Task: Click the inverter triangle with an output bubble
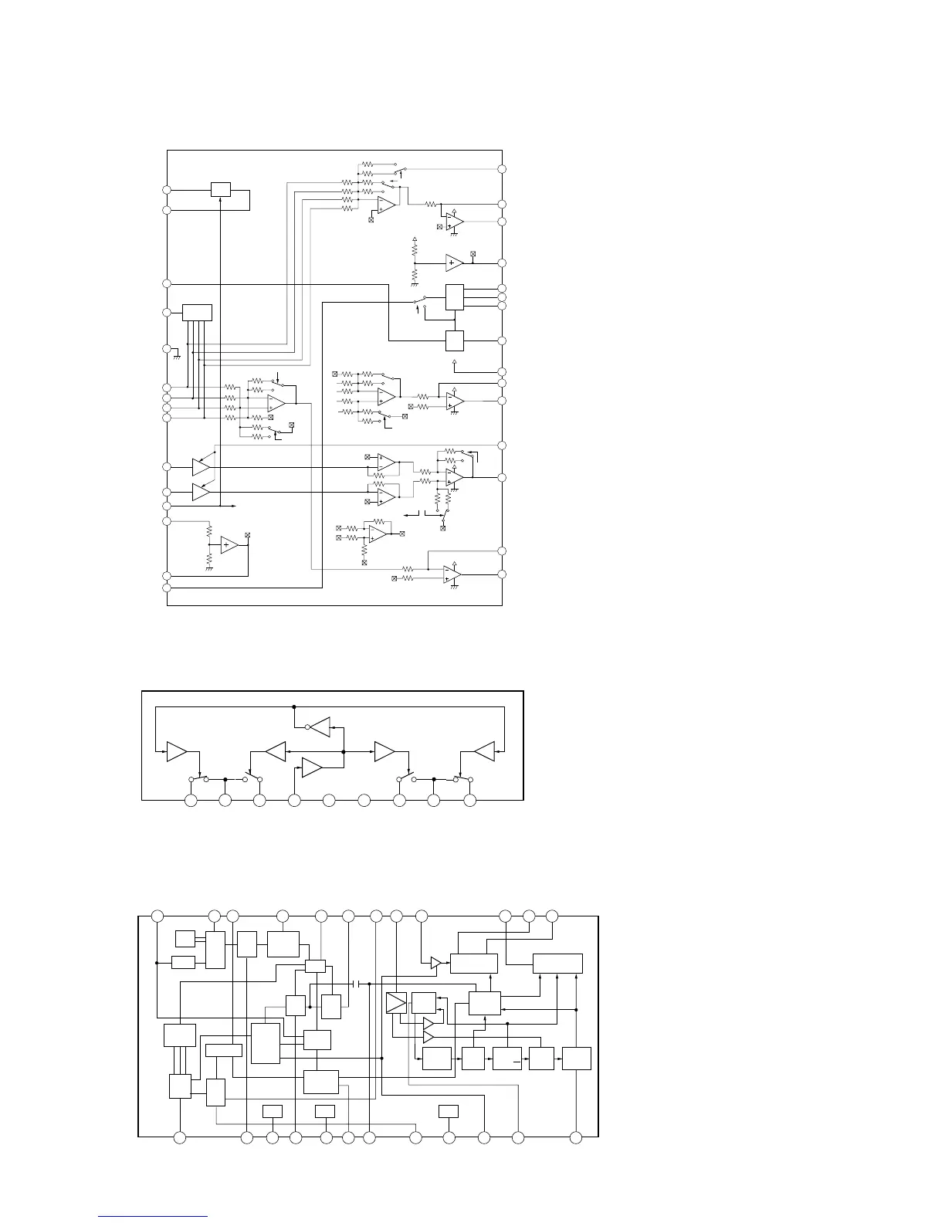click(x=319, y=727)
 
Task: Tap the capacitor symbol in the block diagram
click(x=357, y=984)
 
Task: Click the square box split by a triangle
click(x=396, y=1003)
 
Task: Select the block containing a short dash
click(x=507, y=1059)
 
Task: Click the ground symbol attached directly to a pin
click(x=177, y=354)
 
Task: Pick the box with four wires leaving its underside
click(x=197, y=313)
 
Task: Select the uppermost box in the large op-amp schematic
click(x=221, y=189)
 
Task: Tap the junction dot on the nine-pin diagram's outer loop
click(x=294, y=706)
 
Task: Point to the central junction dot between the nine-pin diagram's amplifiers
click(x=343, y=750)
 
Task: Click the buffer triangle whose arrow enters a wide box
click(x=435, y=963)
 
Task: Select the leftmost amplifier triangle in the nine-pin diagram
click(x=177, y=751)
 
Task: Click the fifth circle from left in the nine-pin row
click(x=328, y=800)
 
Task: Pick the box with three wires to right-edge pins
click(x=455, y=297)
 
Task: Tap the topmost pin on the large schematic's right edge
click(x=502, y=169)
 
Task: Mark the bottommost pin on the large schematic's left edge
click(x=166, y=588)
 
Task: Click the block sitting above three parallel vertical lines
click(x=179, y=1035)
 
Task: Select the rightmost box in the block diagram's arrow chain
click(x=577, y=1059)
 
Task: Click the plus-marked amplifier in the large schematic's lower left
click(x=229, y=545)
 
